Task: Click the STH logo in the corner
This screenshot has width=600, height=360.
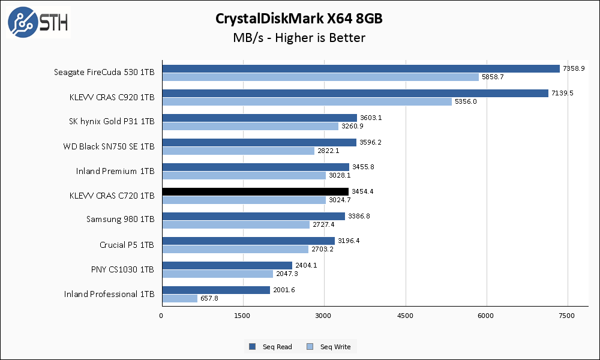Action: click(x=38, y=22)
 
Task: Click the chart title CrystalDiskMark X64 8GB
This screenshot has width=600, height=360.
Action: click(x=299, y=19)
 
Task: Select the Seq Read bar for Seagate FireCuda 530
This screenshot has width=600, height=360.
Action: click(x=361, y=68)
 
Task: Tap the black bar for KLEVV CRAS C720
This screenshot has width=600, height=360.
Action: click(x=255, y=191)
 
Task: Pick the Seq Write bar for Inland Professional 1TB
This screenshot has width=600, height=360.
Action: click(x=179, y=298)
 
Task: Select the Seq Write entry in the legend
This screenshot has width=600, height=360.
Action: click(x=329, y=346)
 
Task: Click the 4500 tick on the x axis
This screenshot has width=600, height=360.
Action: click(x=405, y=316)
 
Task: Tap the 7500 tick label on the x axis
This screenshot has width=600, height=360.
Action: click(x=567, y=316)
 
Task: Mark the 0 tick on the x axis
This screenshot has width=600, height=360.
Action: click(x=161, y=316)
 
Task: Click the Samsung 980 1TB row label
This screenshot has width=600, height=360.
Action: click(x=120, y=220)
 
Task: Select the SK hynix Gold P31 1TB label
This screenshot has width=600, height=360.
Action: click(x=112, y=122)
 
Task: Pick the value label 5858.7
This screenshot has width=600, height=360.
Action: click(x=494, y=77)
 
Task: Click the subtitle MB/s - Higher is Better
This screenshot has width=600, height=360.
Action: click(x=299, y=38)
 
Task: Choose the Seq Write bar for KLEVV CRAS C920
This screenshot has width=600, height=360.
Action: click(x=307, y=101)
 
